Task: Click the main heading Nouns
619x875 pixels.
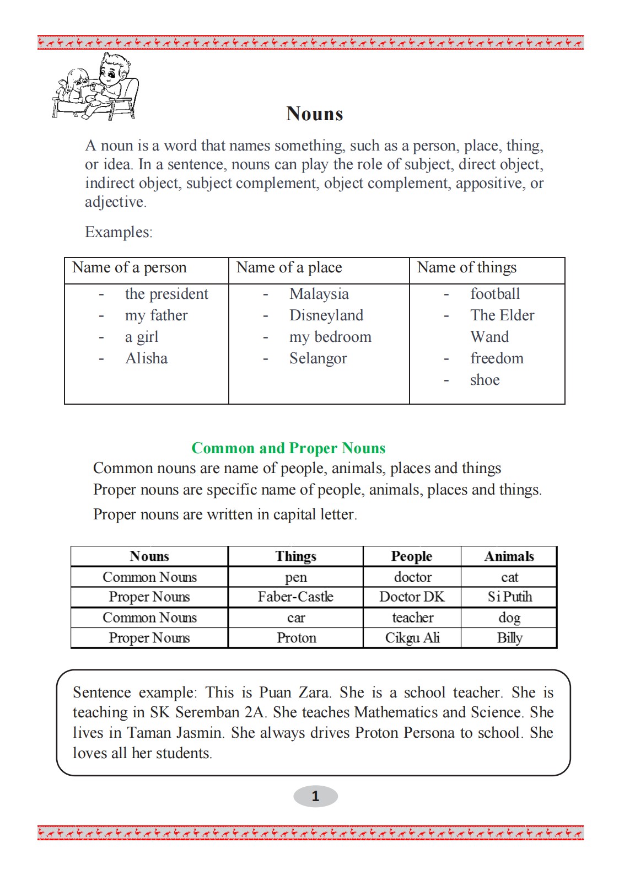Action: click(315, 114)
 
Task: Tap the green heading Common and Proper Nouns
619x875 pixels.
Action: click(288, 448)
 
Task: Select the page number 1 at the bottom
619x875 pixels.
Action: click(315, 796)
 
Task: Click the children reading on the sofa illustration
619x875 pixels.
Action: click(96, 88)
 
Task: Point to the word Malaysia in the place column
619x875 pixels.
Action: click(319, 294)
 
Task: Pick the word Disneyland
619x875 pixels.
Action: click(326, 315)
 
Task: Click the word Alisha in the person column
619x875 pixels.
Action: click(146, 358)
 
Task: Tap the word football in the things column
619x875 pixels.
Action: click(495, 294)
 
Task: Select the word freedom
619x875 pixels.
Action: click(497, 358)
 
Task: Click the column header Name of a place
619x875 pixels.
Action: click(289, 268)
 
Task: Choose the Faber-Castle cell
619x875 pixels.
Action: click(295, 597)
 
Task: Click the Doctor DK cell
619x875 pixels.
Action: click(412, 597)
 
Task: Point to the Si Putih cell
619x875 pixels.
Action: click(509, 597)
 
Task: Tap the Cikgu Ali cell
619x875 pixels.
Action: click(412, 638)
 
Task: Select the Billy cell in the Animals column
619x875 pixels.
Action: click(509, 638)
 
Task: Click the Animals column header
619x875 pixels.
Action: click(509, 556)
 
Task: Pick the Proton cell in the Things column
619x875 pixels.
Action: click(296, 638)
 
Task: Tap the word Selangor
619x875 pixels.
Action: click(318, 358)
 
